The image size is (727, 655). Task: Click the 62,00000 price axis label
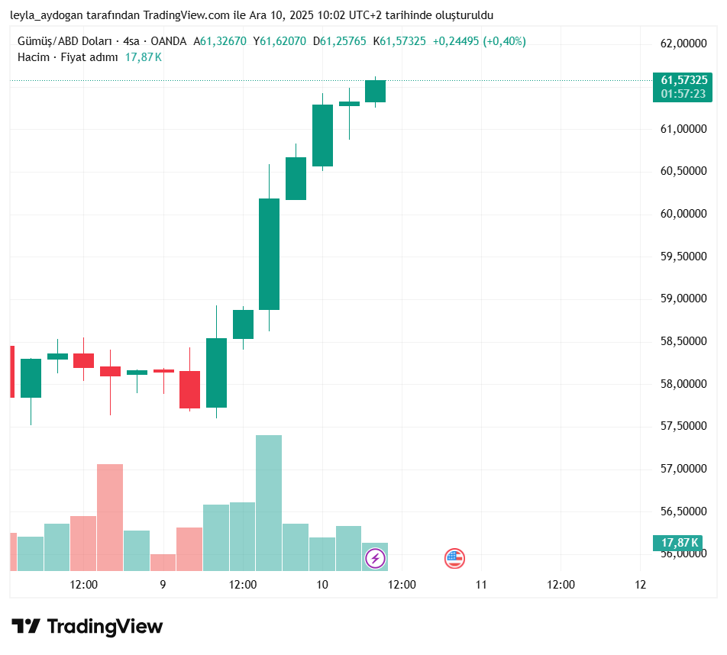(683, 44)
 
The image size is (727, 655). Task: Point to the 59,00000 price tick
(683, 299)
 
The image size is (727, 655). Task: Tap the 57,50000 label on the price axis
(683, 427)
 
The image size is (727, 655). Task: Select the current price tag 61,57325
(683, 80)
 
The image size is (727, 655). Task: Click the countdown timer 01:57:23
(683, 93)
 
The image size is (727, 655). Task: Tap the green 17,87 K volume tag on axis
(680, 543)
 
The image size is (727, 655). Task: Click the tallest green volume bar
(269, 502)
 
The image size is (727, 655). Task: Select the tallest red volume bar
(110, 517)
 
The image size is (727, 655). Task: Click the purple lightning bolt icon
(375, 559)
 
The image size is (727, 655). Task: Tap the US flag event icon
(454, 559)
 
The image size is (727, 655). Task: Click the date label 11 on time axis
(481, 585)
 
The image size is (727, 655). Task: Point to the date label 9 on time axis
(163, 585)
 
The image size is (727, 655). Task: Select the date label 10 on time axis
(322, 585)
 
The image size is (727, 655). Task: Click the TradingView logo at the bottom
(87, 627)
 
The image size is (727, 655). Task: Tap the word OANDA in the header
(168, 42)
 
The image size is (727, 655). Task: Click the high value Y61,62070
(279, 42)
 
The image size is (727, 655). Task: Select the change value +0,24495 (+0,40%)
(479, 42)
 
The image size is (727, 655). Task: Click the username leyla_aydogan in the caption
(45, 15)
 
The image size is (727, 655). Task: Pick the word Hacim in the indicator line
(32, 57)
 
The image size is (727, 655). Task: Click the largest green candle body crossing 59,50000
(269, 254)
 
